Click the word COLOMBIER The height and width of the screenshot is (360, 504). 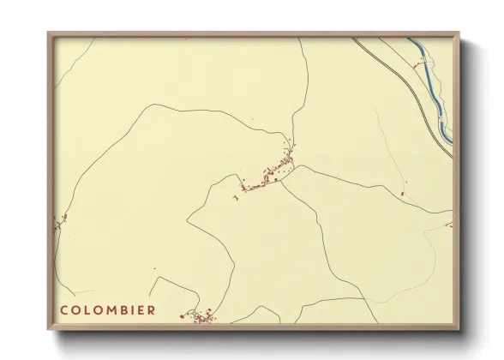108,309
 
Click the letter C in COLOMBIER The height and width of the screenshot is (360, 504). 64,309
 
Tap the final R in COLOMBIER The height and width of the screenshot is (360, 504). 152,309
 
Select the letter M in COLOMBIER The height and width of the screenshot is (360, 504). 108,309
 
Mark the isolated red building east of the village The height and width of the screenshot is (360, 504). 402,194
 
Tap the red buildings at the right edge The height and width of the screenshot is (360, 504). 448,225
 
